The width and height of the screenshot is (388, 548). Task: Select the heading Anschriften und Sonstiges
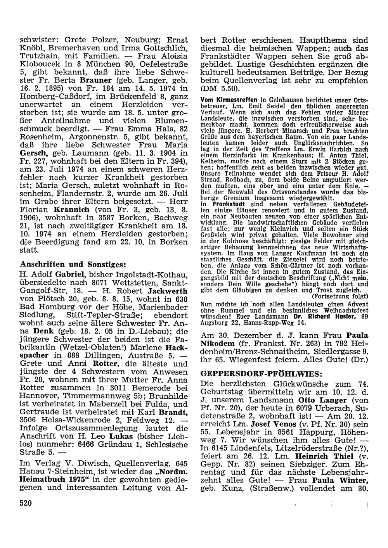73,264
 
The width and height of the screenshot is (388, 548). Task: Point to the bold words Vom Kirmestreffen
225,99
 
